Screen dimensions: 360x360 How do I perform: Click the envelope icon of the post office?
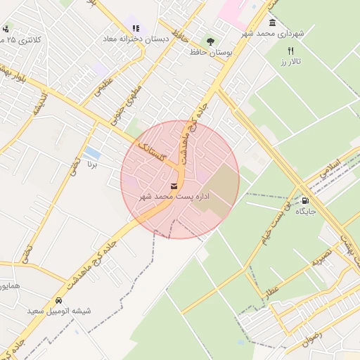click(x=174, y=186)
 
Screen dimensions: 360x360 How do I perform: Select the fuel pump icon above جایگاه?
click(x=304, y=200)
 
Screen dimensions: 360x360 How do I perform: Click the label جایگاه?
click(x=306, y=211)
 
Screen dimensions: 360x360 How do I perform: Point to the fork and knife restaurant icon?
click(x=290, y=51)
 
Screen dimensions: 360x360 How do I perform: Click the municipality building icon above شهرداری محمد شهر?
click(x=272, y=22)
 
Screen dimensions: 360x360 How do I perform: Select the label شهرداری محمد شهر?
click(x=271, y=33)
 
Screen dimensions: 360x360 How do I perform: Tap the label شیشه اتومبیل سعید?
click(x=59, y=310)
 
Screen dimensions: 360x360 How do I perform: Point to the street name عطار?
click(x=271, y=288)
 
